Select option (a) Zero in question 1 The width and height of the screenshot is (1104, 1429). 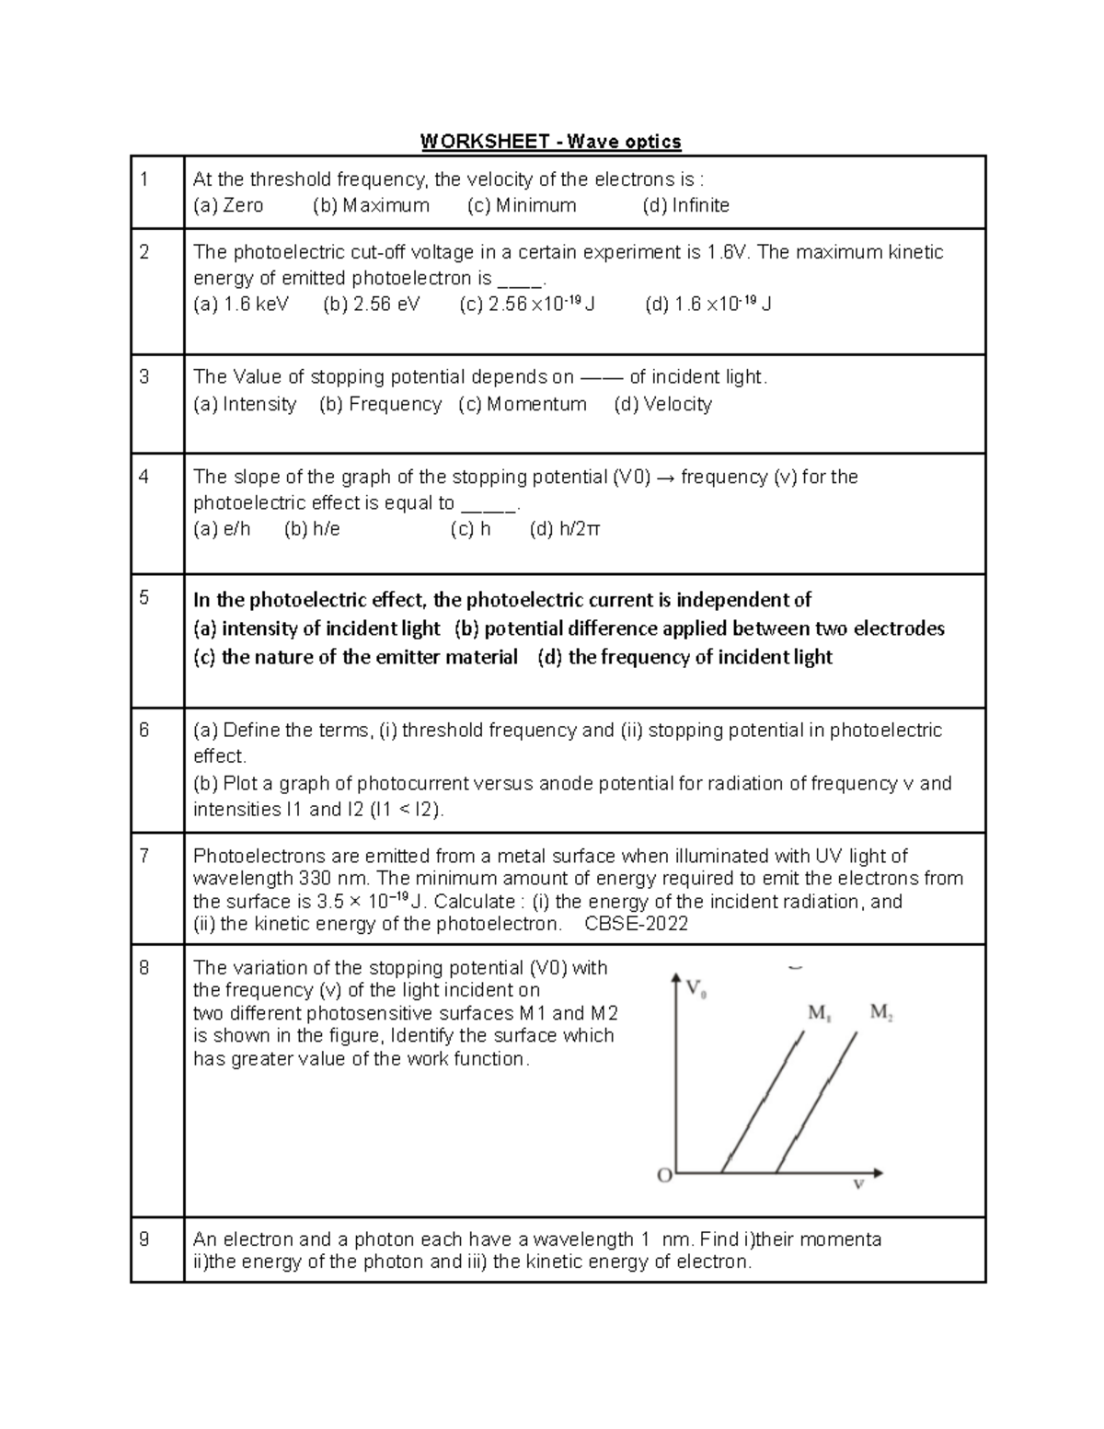pos(228,205)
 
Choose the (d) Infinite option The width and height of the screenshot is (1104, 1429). pos(685,205)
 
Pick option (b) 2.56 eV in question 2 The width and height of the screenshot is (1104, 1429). pos(371,305)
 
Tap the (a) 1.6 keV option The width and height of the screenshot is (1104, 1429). pos(240,305)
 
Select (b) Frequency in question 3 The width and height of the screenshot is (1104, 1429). pos(380,404)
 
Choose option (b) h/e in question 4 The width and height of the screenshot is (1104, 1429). pos(312,529)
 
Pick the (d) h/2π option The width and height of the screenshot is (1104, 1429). pos(565,529)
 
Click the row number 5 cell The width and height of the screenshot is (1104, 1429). pos(144,598)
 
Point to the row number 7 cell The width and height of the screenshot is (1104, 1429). pos(144,856)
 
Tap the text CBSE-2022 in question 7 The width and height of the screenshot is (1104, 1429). pos(637,924)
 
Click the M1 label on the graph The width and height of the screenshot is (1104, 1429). pos(820,1013)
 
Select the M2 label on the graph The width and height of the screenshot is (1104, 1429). pos(881,1013)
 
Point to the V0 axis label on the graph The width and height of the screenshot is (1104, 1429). pos(696,989)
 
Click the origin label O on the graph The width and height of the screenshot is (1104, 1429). pos(664,1176)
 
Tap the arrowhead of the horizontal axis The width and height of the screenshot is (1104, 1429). pos(879,1172)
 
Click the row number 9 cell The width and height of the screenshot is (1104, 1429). pos(144,1239)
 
